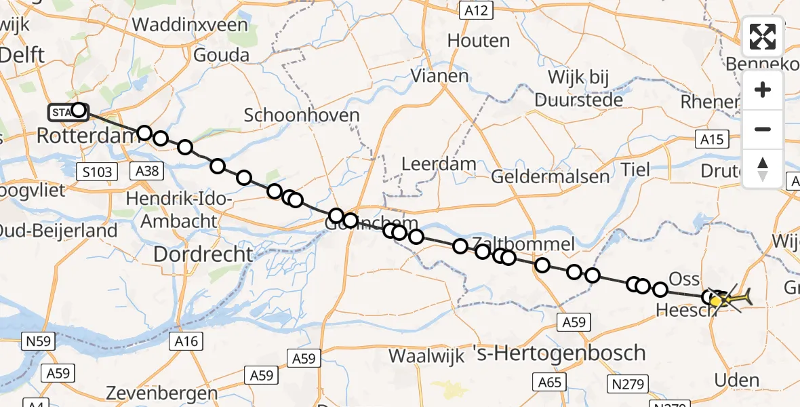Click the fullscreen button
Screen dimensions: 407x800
(763, 37)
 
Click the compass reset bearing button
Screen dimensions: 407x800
(763, 169)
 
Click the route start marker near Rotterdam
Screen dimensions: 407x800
(79, 110)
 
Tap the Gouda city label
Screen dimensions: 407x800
(221, 54)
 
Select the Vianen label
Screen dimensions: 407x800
(440, 75)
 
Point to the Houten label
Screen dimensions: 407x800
(479, 40)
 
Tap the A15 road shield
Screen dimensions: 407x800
(711, 140)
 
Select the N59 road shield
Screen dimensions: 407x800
(39, 341)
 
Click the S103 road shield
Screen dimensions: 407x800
(95, 172)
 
